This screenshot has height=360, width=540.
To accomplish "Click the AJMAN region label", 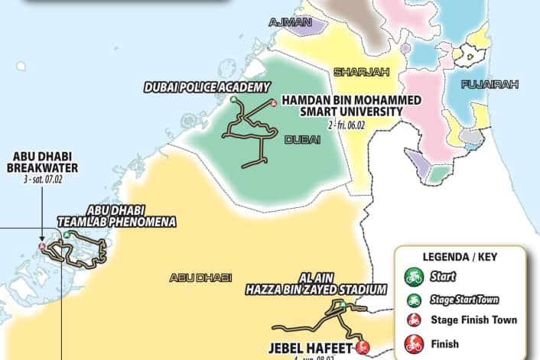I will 291,22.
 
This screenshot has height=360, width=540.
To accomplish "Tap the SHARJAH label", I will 361,72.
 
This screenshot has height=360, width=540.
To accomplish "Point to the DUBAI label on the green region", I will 301,140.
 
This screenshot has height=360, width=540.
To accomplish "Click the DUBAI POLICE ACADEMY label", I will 207,87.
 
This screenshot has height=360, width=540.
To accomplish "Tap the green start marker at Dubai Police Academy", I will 233,99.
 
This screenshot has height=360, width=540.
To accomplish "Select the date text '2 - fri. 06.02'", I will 353,123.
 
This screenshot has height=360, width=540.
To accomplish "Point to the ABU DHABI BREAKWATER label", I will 43,162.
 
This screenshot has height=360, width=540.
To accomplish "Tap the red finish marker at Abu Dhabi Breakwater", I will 42,246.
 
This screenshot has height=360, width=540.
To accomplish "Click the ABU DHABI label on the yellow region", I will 195,277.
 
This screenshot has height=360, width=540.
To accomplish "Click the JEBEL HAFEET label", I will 310,348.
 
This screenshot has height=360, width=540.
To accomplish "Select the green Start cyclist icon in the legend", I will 414,275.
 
